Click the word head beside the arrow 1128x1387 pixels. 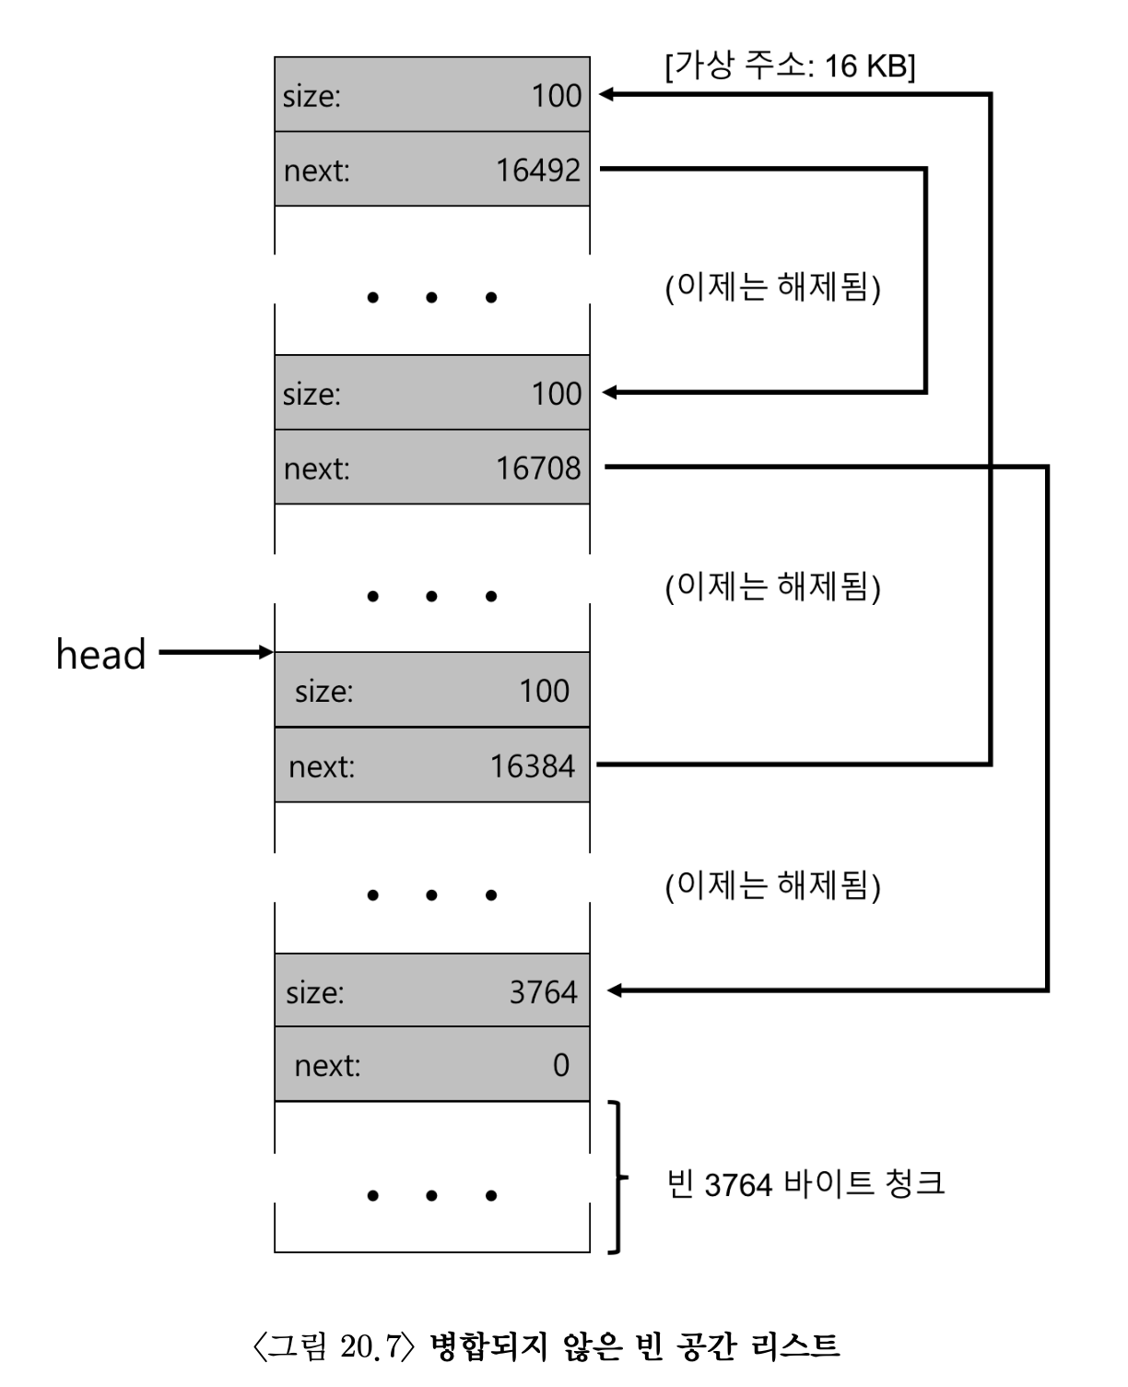point(101,654)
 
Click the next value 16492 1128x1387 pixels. point(538,170)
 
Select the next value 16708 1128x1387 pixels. point(538,468)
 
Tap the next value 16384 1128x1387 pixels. point(532,765)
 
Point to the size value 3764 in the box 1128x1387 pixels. point(543,991)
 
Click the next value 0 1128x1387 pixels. point(560,1065)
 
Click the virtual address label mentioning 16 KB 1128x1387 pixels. point(790,65)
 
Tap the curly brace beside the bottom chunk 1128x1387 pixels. point(617,1177)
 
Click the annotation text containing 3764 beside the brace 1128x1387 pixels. point(805,1183)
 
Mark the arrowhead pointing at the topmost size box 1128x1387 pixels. point(605,94)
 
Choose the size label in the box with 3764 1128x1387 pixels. point(314,992)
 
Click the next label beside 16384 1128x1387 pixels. point(321,766)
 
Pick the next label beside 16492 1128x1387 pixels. point(316,171)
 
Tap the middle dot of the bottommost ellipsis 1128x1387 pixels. point(431,1196)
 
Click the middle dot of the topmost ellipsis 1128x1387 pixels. point(431,297)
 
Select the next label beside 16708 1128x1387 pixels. point(316,468)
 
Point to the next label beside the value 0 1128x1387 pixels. point(327,1066)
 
